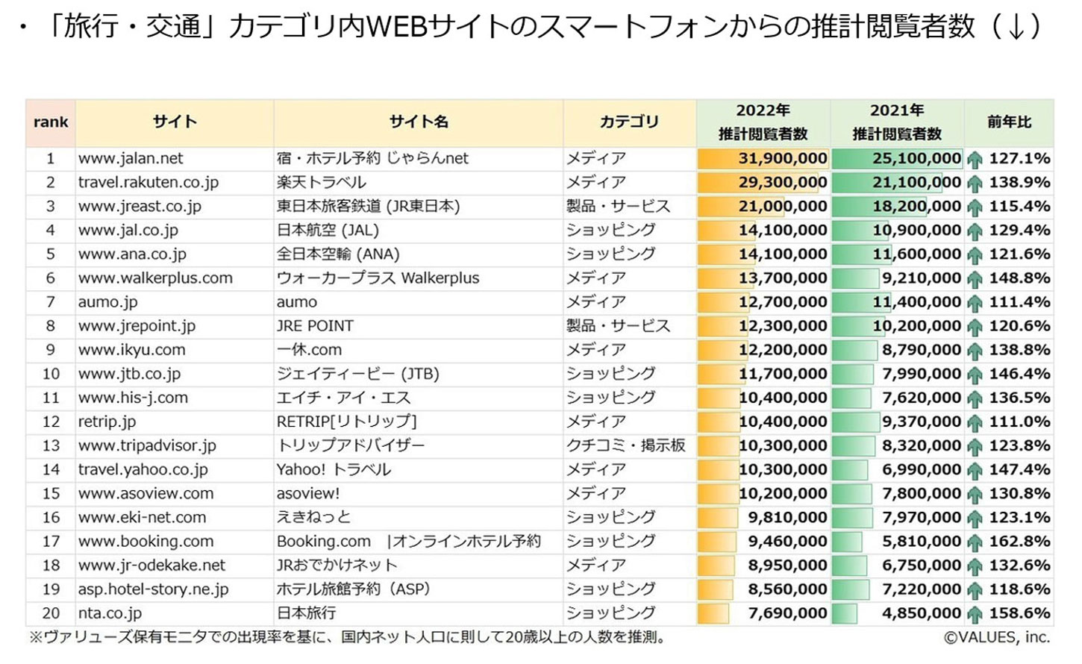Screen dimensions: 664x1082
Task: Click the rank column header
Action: pyautogui.click(x=51, y=122)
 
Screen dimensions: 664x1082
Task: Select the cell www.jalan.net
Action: pyautogui.click(x=131, y=158)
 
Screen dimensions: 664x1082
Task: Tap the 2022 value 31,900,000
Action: pyautogui.click(x=782, y=158)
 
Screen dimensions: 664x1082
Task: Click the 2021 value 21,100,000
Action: pyautogui.click(x=916, y=182)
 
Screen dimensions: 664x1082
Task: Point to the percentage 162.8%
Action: pyautogui.click(x=1019, y=541)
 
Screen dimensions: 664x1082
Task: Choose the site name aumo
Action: pyautogui.click(x=297, y=302)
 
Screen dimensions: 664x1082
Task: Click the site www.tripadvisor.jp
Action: pyautogui.click(x=147, y=445)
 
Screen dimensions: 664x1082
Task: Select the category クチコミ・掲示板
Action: pyautogui.click(x=625, y=445)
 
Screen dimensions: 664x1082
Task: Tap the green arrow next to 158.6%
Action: pyautogui.click(x=975, y=614)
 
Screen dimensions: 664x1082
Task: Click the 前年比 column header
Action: pyautogui.click(x=1009, y=122)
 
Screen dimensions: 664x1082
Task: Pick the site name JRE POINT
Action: pyautogui.click(x=315, y=326)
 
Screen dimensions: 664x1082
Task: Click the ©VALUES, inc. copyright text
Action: pyautogui.click(x=996, y=637)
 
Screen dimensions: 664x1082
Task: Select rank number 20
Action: pyautogui.click(x=51, y=613)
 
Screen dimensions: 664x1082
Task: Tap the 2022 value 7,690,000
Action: pyautogui.click(x=787, y=613)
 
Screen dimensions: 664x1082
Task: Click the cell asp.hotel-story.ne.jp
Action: pyautogui.click(x=153, y=589)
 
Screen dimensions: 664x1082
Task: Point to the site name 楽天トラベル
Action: pyautogui.click(x=322, y=182)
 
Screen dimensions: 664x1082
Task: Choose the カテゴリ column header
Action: pyautogui.click(x=629, y=122)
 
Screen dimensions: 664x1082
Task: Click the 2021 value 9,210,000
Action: pyautogui.click(x=922, y=278)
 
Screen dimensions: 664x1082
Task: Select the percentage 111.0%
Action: pyautogui.click(x=1019, y=422)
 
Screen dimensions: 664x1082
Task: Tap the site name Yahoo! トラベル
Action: pyautogui.click(x=334, y=469)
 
